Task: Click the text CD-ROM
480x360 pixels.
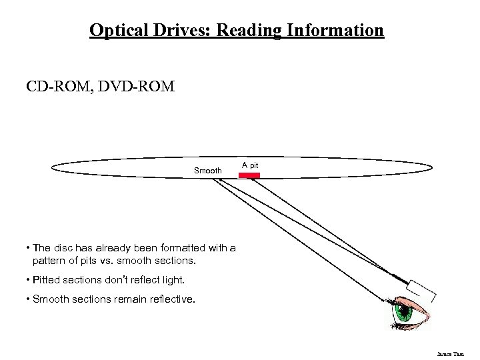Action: [x=60, y=86]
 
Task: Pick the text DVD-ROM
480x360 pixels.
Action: [x=137, y=86]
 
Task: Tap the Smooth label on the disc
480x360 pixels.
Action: [x=207, y=171]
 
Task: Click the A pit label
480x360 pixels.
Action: [x=250, y=164]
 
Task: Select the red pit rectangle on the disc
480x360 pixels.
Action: [x=249, y=175]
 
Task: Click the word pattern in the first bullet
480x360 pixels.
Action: [x=49, y=259]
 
